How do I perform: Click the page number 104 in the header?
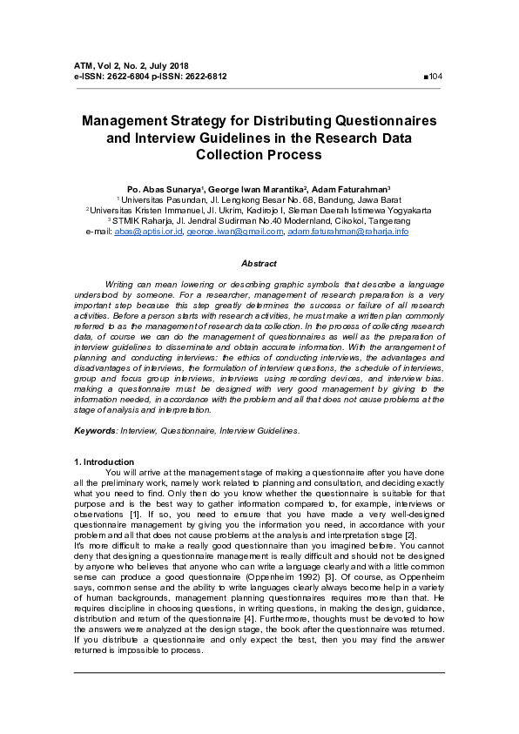tap(435, 77)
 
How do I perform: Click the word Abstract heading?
tap(259, 263)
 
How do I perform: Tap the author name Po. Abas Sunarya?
tap(163, 189)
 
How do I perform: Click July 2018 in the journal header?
tap(168, 66)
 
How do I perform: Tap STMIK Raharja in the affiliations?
tap(153, 221)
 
